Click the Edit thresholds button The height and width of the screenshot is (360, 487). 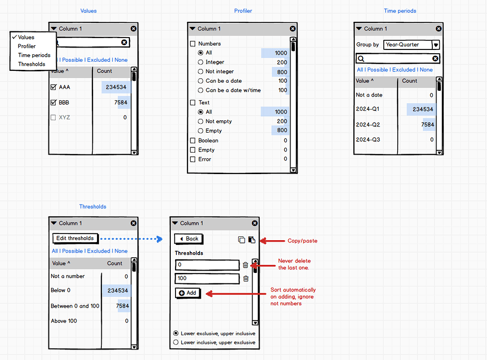pyautogui.click(x=75, y=238)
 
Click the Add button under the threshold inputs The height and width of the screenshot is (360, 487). pyautogui.click(x=188, y=293)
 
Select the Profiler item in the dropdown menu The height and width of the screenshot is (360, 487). pyautogui.click(x=27, y=46)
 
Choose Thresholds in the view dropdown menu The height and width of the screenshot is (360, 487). pyautogui.click(x=31, y=64)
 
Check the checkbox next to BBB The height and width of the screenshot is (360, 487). pyautogui.click(x=53, y=103)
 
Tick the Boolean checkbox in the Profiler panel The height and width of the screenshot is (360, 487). pyautogui.click(x=193, y=141)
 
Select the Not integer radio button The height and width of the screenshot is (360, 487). pyautogui.click(x=200, y=72)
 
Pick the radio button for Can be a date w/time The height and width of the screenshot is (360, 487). pyautogui.click(x=200, y=90)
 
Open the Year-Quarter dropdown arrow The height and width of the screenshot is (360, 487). pyautogui.click(x=436, y=45)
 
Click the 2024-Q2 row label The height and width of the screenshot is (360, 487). pyautogui.click(x=368, y=125)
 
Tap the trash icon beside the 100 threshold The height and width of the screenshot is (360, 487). pyautogui.click(x=245, y=279)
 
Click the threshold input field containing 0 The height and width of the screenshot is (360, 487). pyautogui.click(x=207, y=265)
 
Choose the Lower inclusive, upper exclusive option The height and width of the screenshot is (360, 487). pyautogui.click(x=176, y=342)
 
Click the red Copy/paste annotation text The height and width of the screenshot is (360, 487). pyautogui.click(x=302, y=241)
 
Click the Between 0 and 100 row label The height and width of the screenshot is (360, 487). pyautogui.click(x=75, y=306)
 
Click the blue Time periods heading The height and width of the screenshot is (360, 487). pyautogui.click(x=400, y=11)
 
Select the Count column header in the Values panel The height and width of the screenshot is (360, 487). pyautogui.click(x=104, y=71)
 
